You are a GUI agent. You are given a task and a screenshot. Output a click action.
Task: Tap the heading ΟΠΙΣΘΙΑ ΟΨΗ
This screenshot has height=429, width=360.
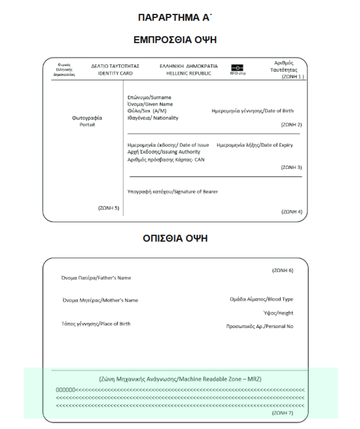pos(179,239)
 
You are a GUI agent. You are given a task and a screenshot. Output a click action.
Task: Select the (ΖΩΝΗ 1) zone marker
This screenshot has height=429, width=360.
pos(292,76)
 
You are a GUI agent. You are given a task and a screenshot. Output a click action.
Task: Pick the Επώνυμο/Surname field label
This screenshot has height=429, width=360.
pos(149,97)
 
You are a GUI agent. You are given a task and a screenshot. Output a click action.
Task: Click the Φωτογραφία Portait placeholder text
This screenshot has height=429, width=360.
pos(83,121)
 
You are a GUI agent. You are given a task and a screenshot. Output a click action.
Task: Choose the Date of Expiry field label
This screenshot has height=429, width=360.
pos(255,145)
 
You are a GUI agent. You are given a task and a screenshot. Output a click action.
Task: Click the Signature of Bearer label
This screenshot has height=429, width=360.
pos(172,191)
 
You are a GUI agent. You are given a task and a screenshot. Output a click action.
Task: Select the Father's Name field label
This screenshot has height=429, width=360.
pos(96,278)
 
